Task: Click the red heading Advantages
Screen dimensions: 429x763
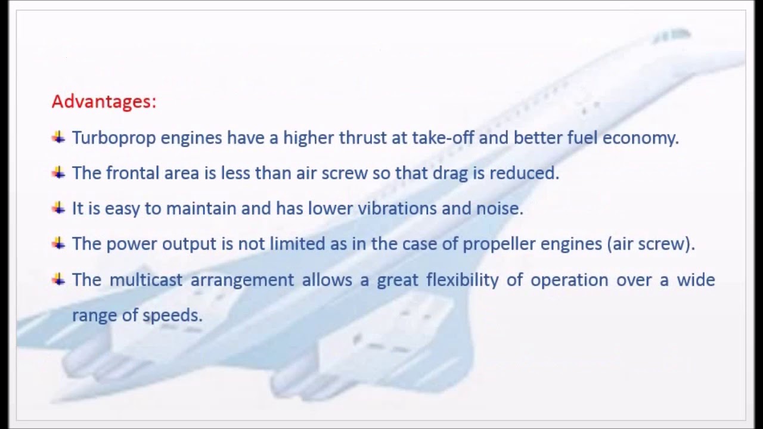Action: (103, 101)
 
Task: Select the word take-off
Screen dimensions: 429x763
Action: (442, 138)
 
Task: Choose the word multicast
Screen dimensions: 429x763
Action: (146, 279)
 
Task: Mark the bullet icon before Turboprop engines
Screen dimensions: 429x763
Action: (58, 138)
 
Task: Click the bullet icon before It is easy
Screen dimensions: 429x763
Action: (58, 208)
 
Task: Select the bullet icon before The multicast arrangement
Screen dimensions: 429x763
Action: (58, 279)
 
